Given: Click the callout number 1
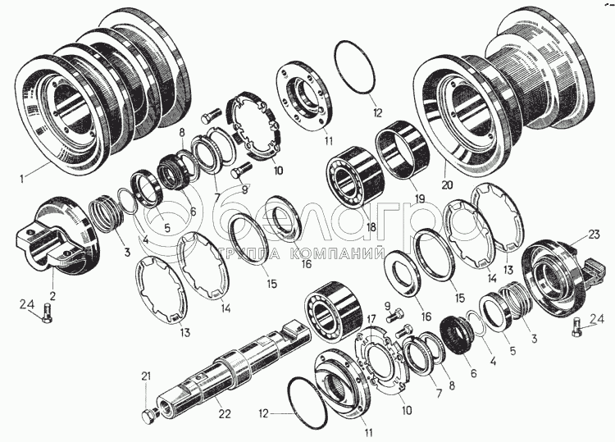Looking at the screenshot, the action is pos(22,179).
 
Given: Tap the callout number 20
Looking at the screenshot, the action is pos(447,185).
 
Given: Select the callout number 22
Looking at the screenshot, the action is pos(225,414).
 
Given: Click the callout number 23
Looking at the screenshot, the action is pos(594,235).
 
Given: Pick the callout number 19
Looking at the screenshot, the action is pos(419,198).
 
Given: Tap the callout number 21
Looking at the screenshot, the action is pos(146,376).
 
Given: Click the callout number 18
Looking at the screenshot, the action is pos(371,226).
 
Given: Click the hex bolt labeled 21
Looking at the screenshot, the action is pos(149,415).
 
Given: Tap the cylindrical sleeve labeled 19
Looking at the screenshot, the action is pos(403,149).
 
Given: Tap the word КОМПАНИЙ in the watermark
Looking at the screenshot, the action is pos(337,254).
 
